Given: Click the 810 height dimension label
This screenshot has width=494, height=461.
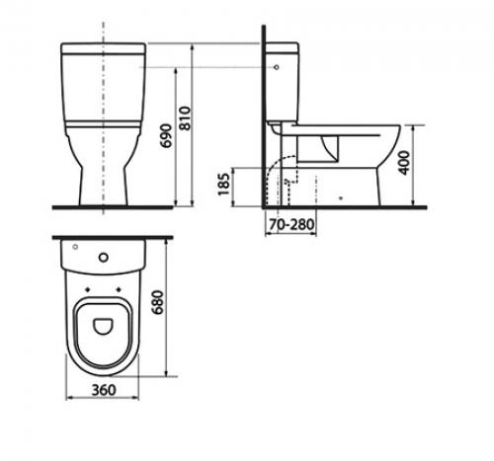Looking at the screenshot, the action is point(186,118).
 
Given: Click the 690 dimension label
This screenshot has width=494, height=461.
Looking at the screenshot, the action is point(167,135).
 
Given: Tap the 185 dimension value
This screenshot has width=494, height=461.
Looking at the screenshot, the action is point(224,184).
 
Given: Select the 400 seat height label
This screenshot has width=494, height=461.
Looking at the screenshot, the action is point(404,162).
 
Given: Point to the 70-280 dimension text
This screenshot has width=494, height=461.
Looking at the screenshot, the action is point(291,224).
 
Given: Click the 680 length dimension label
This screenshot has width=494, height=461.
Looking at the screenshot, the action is point(158,302).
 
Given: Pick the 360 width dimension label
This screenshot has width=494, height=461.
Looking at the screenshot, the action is point(104,390).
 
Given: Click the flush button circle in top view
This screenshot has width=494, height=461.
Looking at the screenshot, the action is point(104,258).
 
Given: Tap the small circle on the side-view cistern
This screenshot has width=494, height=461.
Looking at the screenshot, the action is point(277,67).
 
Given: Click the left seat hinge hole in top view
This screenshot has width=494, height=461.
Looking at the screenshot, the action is point(88,289).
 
